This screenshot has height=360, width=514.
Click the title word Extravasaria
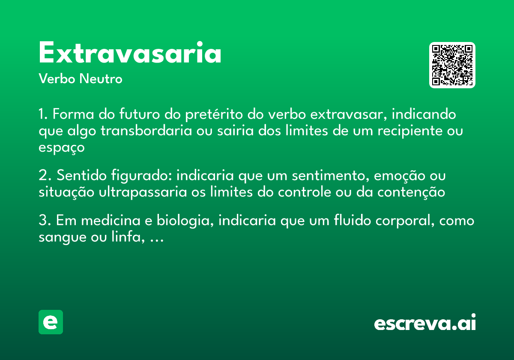pos(130,54)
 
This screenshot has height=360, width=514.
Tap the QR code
pos(452,65)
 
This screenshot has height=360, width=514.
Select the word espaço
pos(62,147)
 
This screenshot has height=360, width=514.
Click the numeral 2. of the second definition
pos(45,176)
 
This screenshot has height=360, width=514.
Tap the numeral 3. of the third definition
pos(45,221)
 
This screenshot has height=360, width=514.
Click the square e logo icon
pos(51,322)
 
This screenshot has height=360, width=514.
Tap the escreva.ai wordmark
pos(425,323)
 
